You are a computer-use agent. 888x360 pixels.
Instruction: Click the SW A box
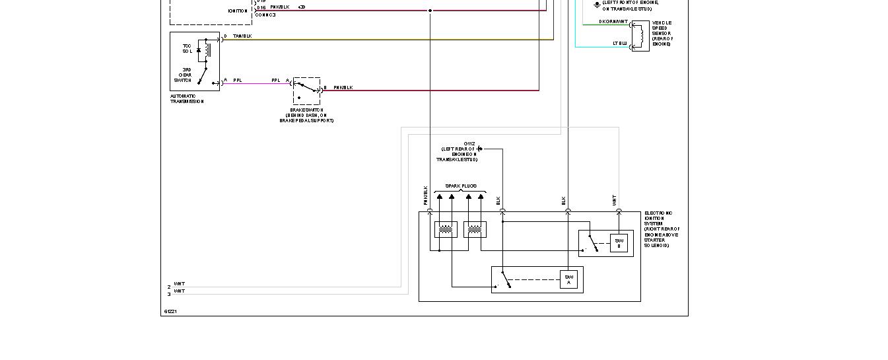(568, 279)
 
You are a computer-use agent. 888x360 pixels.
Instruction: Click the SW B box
(619, 243)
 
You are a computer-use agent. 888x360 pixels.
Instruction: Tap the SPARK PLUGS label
(461, 186)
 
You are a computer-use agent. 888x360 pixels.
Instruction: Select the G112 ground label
(469, 143)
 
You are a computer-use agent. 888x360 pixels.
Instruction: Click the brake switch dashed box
(306, 91)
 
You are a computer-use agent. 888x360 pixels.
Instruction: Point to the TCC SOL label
(188, 48)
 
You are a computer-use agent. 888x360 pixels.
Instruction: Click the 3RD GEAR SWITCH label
(183, 75)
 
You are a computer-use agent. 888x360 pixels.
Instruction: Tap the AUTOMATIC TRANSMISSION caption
(187, 99)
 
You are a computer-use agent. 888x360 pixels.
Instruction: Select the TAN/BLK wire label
(242, 36)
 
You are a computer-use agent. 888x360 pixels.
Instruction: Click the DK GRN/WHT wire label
(613, 22)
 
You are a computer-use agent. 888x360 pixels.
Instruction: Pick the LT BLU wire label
(620, 44)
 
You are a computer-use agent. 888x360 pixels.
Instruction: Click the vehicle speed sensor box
(640, 36)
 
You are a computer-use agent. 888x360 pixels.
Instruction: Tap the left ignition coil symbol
(446, 230)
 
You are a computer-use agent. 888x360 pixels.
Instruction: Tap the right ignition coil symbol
(475, 230)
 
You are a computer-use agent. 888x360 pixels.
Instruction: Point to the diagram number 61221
(170, 311)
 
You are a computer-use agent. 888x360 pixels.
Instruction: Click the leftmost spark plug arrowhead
(440, 196)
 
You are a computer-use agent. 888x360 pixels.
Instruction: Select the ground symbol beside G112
(480, 149)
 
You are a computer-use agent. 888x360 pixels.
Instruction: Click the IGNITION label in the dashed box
(238, 11)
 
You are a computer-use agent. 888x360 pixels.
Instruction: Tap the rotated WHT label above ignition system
(614, 199)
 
